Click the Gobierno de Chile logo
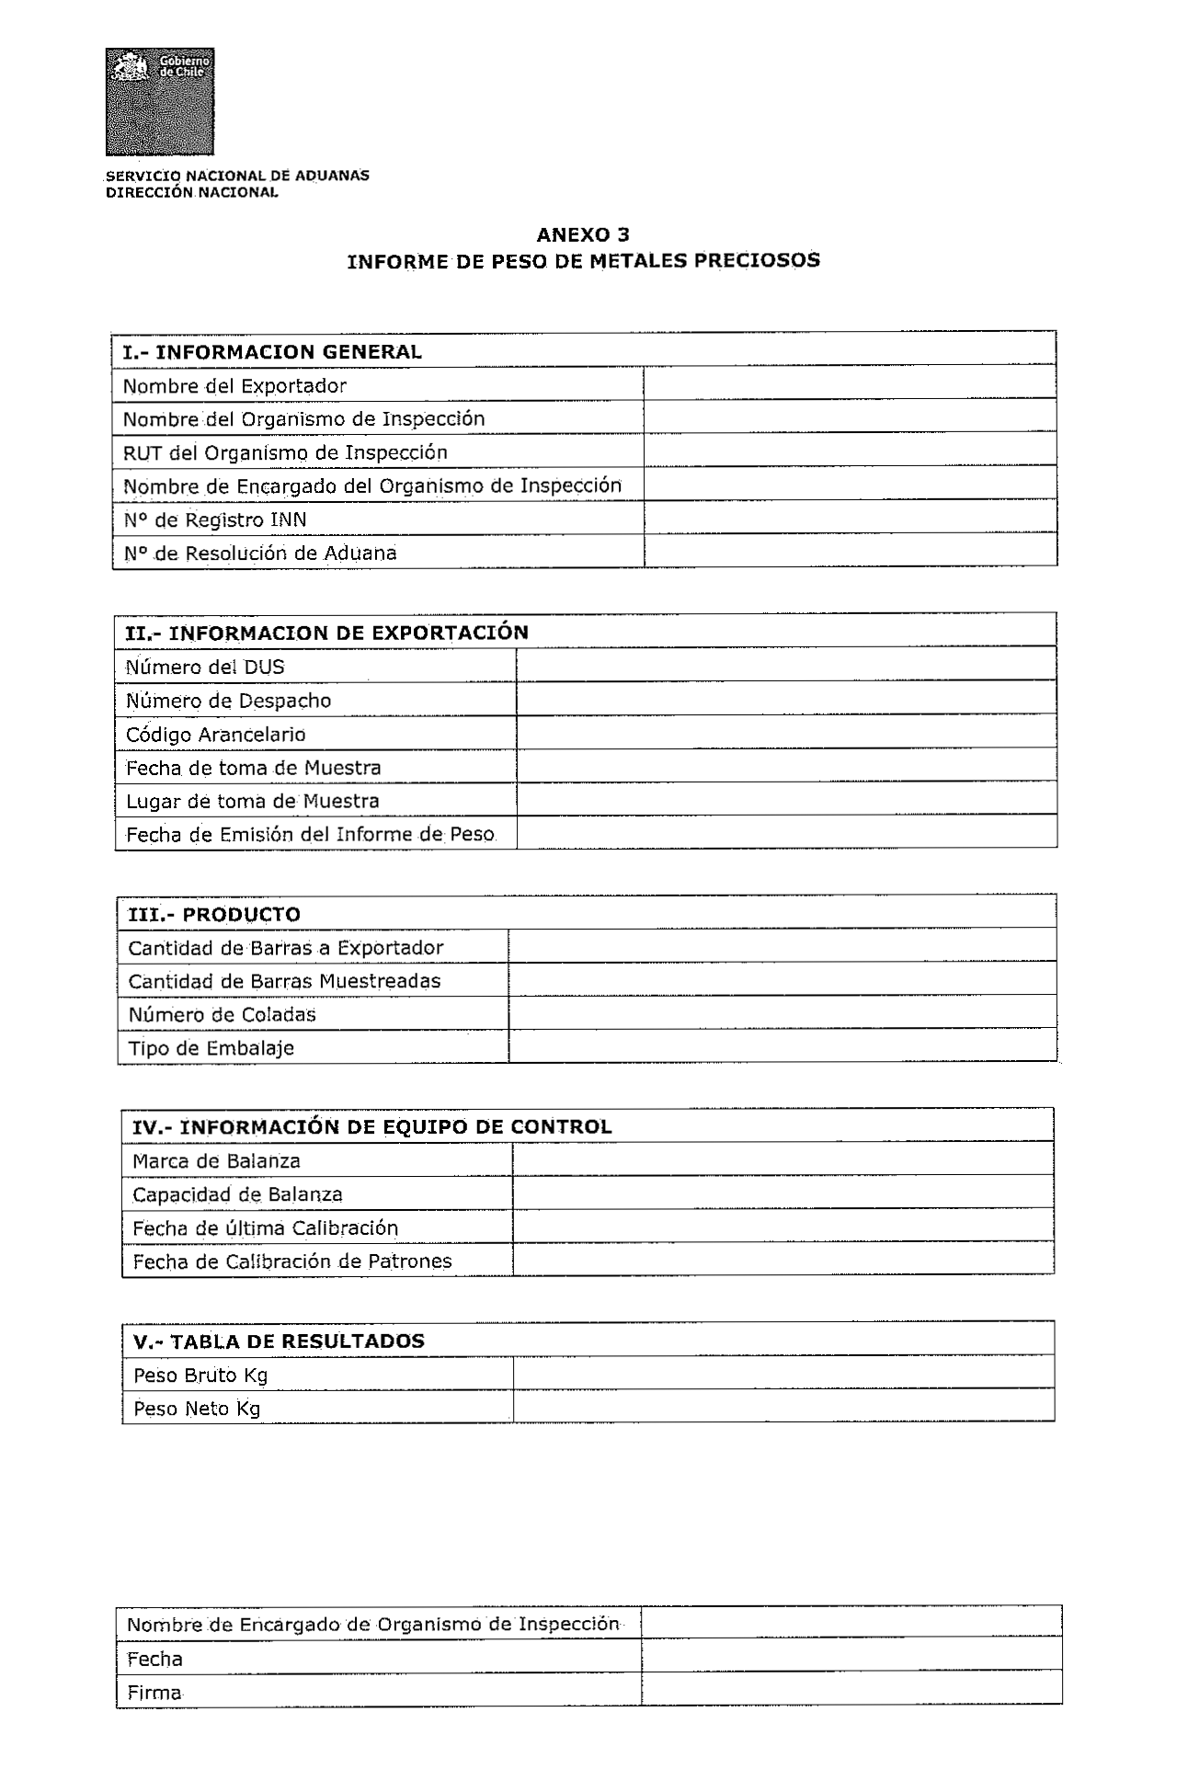(x=160, y=101)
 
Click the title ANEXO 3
(x=583, y=234)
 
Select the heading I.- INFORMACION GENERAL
(x=272, y=351)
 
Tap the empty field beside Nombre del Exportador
(x=849, y=383)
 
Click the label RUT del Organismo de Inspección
(x=285, y=452)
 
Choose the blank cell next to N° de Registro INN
(x=849, y=518)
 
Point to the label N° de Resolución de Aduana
(x=260, y=553)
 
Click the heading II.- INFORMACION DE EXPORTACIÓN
(x=326, y=633)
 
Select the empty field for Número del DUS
(x=785, y=665)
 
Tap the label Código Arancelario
(x=216, y=734)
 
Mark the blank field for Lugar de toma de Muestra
(x=785, y=799)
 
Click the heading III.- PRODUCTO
(x=214, y=914)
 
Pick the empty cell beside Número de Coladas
(x=782, y=1013)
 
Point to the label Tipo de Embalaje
(x=211, y=1048)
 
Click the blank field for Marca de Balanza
(x=782, y=1159)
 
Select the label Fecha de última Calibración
(x=266, y=1228)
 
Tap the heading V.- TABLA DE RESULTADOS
(x=279, y=1341)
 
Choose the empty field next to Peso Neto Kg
(x=782, y=1407)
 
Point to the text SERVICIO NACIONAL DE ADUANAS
(x=237, y=175)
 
